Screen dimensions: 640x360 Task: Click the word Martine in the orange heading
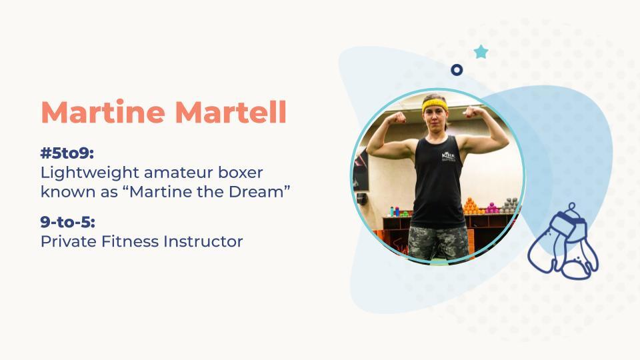point(103,111)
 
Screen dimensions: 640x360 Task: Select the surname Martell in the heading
point(231,111)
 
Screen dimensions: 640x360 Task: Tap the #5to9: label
point(67,153)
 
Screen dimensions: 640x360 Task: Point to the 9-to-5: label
point(68,222)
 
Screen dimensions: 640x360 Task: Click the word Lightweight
point(90,173)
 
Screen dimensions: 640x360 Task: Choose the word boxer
point(241,172)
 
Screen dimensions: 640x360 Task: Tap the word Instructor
point(203,241)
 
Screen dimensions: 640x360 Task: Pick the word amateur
point(179,173)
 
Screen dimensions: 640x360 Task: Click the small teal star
point(481,52)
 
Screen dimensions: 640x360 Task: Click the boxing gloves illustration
point(563,241)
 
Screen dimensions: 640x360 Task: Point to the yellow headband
point(434,105)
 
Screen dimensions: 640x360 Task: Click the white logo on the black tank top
point(449,156)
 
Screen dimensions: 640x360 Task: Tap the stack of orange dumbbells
point(471,207)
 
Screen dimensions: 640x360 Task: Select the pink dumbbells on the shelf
point(491,208)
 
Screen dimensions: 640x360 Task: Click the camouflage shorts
point(439,243)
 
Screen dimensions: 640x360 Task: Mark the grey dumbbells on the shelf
point(510,205)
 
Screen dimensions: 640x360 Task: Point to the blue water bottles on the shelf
point(394,211)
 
